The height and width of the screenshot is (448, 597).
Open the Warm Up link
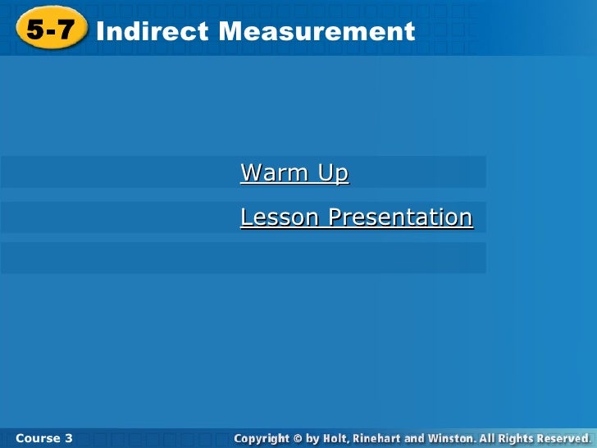294,173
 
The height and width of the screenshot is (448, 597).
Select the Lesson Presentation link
356,217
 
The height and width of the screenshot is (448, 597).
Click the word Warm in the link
274,173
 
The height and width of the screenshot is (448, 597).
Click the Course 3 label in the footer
43,438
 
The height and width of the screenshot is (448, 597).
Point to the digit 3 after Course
69,438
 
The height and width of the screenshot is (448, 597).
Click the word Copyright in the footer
263,439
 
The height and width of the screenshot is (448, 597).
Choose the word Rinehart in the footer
376,439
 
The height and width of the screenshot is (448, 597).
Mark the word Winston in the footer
449,439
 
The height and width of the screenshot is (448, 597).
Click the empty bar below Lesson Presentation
243,258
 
